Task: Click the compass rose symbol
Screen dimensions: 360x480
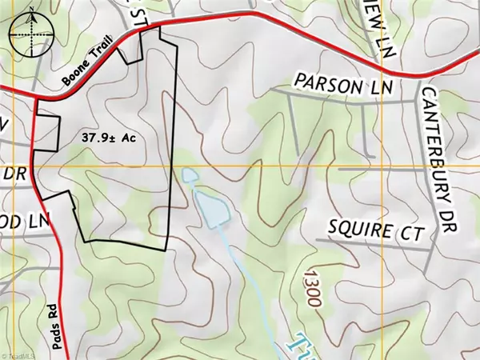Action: tap(30, 33)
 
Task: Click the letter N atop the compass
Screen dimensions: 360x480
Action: tap(30, 11)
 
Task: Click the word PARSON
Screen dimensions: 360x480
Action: tap(323, 82)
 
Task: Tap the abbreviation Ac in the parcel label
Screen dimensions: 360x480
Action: tap(130, 138)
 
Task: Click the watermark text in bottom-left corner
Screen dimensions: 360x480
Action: tap(23, 354)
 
